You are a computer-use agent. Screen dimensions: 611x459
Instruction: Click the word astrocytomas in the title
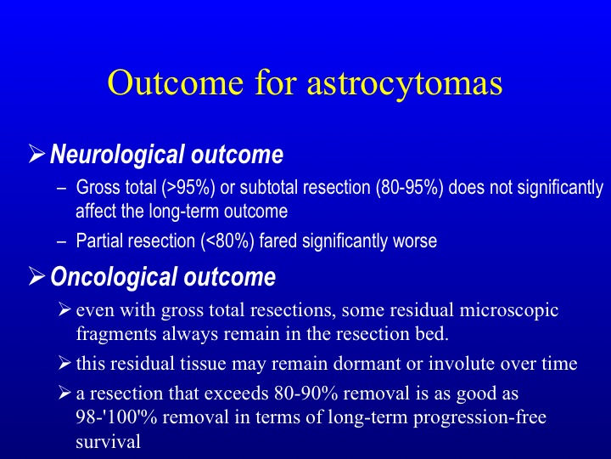pos(405,83)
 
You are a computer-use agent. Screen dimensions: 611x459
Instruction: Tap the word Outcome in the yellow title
pos(176,82)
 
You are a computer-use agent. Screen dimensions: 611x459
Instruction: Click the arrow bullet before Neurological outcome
pos(36,154)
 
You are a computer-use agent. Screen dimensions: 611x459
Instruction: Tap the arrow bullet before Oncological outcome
pos(36,276)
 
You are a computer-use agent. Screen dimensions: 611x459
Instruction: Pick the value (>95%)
pos(188,187)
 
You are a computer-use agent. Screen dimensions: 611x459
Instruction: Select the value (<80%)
pos(227,241)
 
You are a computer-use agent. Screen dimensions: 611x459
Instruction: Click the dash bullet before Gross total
pos(61,189)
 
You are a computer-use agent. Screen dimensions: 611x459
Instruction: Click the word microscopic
pos(509,311)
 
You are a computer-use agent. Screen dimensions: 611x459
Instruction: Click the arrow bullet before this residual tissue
pos(64,364)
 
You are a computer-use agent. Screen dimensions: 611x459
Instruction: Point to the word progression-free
pos(479,418)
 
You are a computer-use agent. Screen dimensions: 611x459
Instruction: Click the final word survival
pos(108,442)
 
